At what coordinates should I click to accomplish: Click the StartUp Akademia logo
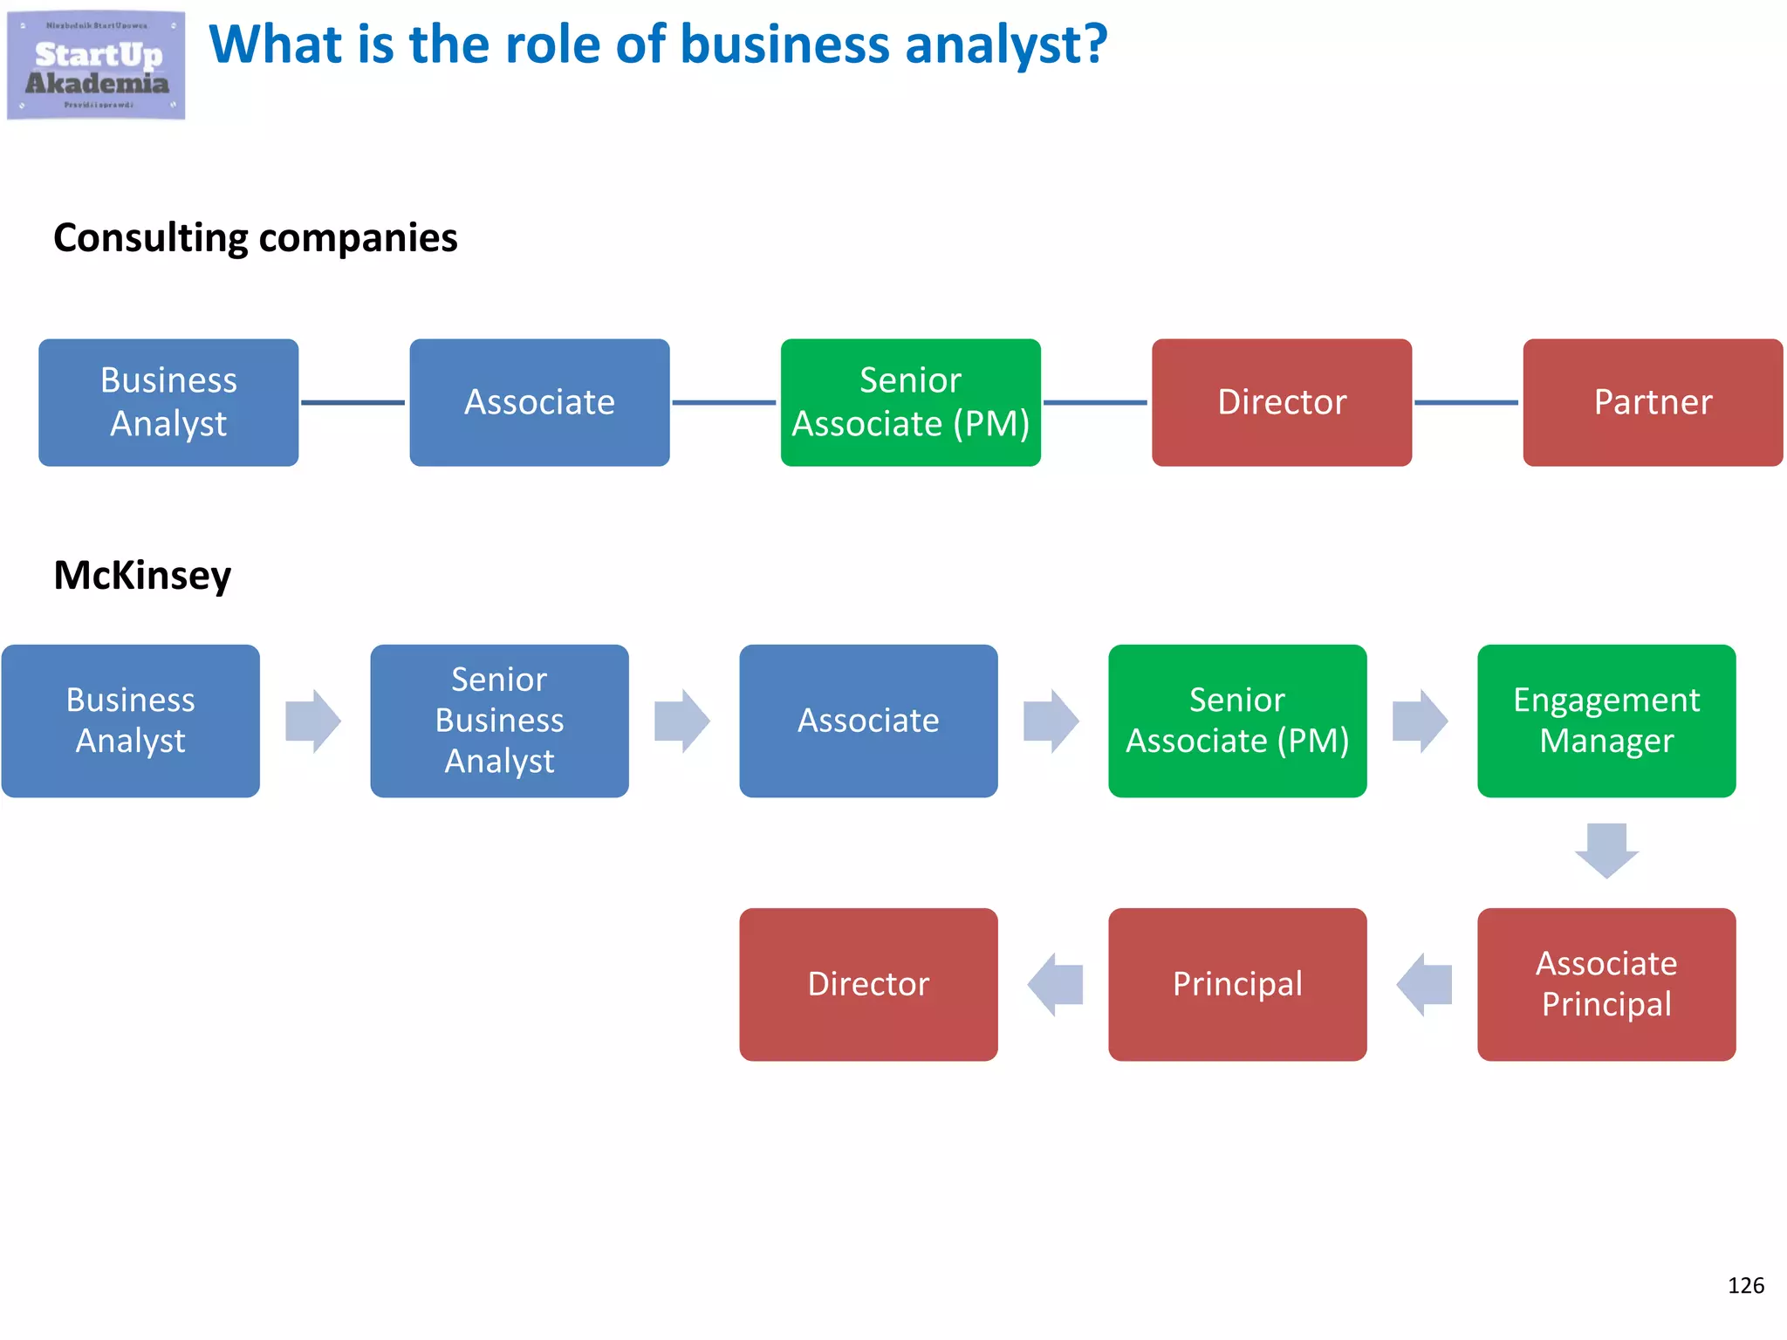pyautogui.click(x=96, y=65)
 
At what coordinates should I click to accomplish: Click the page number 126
pyautogui.click(x=1745, y=1285)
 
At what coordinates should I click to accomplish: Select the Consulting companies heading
pyautogui.click(x=255, y=237)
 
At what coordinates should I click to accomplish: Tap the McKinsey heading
pyautogui.click(x=142, y=575)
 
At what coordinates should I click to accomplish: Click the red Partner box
pyautogui.click(x=1652, y=402)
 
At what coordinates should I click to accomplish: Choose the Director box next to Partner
pyautogui.click(x=1281, y=402)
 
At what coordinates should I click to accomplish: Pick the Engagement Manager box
pyautogui.click(x=1606, y=721)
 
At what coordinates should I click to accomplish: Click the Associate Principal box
pyautogui.click(x=1606, y=984)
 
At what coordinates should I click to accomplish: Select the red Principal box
pyautogui.click(x=1236, y=984)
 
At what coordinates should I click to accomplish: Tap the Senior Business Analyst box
pyautogui.click(x=499, y=721)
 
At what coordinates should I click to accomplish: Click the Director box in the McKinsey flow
pyautogui.click(x=868, y=984)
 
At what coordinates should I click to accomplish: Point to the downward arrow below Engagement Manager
pyautogui.click(x=1606, y=850)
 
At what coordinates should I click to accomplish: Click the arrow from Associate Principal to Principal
pyautogui.click(x=1423, y=984)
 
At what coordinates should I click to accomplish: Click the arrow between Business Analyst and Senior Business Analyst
pyautogui.click(x=313, y=721)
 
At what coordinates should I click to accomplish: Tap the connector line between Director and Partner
pyautogui.click(x=1466, y=402)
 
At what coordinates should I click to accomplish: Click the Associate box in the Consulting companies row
pyautogui.click(x=539, y=402)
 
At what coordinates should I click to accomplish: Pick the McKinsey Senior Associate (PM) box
pyautogui.click(x=1236, y=721)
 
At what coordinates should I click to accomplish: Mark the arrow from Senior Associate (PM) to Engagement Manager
pyautogui.click(x=1421, y=721)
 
